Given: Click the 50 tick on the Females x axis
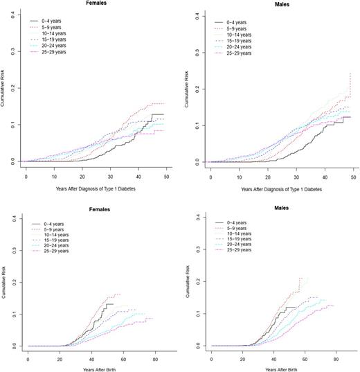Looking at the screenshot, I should [167, 170].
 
